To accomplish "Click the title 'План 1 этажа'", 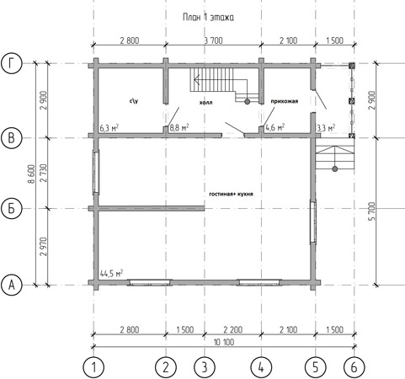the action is [x=208, y=18].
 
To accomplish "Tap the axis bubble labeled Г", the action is [x=12, y=64].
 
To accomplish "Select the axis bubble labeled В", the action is [x=12, y=138].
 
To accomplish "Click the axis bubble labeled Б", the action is [x=12, y=209].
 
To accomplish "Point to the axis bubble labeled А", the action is [x=12, y=286].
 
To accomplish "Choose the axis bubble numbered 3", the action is [x=205, y=367].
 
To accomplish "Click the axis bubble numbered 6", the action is [x=354, y=367].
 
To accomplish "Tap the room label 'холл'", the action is [x=205, y=103].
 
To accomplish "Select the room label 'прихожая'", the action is [x=285, y=101].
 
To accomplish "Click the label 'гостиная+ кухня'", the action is [x=232, y=194].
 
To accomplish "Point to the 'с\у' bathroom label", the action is [x=134, y=101].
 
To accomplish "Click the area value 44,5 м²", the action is [x=111, y=274].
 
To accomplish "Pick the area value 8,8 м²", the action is [x=179, y=128].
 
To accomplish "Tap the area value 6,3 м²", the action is [x=109, y=128].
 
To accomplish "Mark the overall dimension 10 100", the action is [x=224, y=343].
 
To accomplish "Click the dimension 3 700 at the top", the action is [x=213, y=40].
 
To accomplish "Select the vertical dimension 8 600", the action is [x=31, y=174].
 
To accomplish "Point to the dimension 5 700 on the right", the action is [x=371, y=211].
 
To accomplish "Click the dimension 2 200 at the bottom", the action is [x=232, y=329].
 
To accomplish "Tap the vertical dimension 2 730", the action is [x=44, y=173].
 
